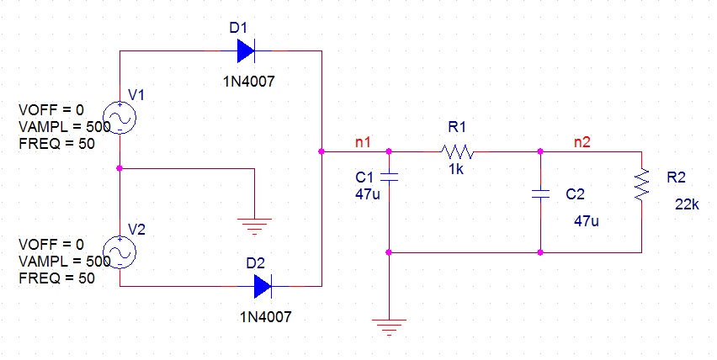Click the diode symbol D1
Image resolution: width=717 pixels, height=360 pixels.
click(x=246, y=51)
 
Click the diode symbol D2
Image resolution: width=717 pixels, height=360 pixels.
click(x=263, y=287)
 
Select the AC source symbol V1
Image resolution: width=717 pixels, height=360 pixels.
click(x=119, y=119)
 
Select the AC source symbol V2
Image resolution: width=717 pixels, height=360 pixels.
click(x=119, y=251)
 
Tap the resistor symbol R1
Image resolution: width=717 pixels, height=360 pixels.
click(x=457, y=152)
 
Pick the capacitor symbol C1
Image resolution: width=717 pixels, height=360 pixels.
click(x=389, y=177)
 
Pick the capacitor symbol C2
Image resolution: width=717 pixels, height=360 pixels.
click(x=540, y=194)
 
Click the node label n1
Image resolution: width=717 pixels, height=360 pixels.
click(x=363, y=142)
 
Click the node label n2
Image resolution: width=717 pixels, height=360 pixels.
click(x=582, y=142)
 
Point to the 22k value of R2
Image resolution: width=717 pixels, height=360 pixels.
click(x=687, y=205)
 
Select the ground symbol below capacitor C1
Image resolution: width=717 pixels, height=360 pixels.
click(x=389, y=326)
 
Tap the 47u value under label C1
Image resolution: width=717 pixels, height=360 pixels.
click(x=369, y=195)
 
